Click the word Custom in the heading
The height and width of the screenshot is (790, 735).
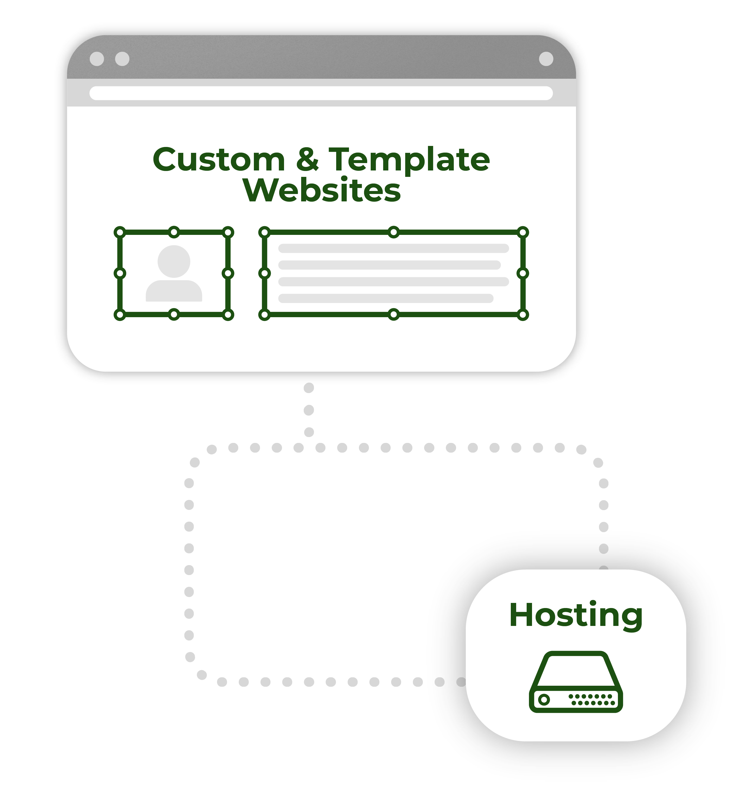pyautogui.click(x=218, y=160)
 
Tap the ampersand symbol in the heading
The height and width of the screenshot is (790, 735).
pyautogui.click(x=307, y=160)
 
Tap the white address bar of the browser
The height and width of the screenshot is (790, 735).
pyautogui.click(x=321, y=93)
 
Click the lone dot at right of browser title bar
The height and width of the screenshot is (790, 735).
pyautogui.click(x=545, y=59)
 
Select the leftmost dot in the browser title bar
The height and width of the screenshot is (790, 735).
pyautogui.click(x=97, y=59)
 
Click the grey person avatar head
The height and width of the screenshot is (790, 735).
pyautogui.click(x=174, y=261)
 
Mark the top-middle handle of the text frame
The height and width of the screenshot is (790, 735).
pyautogui.click(x=393, y=232)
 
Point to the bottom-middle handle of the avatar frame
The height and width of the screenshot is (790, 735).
pyautogui.click(x=174, y=315)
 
